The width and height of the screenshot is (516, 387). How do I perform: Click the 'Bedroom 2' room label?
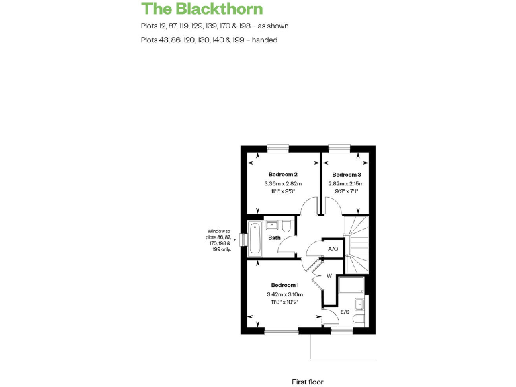click(x=284, y=174)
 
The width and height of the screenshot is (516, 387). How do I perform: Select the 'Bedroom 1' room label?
click(x=285, y=285)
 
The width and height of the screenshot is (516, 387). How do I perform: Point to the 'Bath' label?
click(x=274, y=238)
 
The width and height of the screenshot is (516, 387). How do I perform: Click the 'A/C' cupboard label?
click(x=333, y=249)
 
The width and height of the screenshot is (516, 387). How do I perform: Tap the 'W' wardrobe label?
click(x=329, y=276)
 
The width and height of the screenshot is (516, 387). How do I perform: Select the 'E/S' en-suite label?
click(x=345, y=312)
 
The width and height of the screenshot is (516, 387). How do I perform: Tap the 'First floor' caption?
click(x=308, y=382)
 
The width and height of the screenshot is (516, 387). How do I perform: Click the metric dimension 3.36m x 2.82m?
click(x=284, y=184)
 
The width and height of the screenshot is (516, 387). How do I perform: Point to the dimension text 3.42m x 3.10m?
click(x=285, y=294)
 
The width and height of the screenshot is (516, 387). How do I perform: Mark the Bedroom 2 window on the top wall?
click(x=277, y=148)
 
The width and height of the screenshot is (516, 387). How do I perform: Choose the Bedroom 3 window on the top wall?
click(x=340, y=148)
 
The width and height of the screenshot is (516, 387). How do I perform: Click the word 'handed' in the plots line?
click(x=265, y=40)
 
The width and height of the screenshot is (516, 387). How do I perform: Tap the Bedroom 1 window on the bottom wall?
click(x=281, y=330)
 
